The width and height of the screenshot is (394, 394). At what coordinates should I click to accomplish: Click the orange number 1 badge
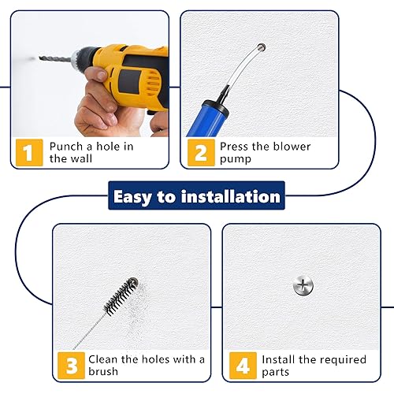click(29, 153)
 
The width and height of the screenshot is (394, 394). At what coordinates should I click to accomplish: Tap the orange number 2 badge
click(201, 153)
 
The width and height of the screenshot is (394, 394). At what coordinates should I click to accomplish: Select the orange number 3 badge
click(71, 366)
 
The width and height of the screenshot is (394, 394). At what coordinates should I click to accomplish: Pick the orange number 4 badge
click(243, 366)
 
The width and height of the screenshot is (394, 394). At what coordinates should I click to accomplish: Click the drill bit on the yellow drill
click(56, 59)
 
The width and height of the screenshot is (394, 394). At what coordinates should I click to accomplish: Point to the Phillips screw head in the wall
click(303, 285)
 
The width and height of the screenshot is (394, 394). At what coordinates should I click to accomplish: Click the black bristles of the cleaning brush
click(121, 295)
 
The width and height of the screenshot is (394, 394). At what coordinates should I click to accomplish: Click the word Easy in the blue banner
click(132, 197)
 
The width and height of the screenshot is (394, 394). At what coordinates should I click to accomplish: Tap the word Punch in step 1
click(66, 147)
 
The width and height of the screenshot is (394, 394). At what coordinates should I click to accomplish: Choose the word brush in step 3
click(103, 371)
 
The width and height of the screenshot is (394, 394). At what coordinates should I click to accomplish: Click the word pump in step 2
click(236, 159)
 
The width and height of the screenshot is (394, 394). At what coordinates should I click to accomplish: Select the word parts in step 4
click(276, 373)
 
